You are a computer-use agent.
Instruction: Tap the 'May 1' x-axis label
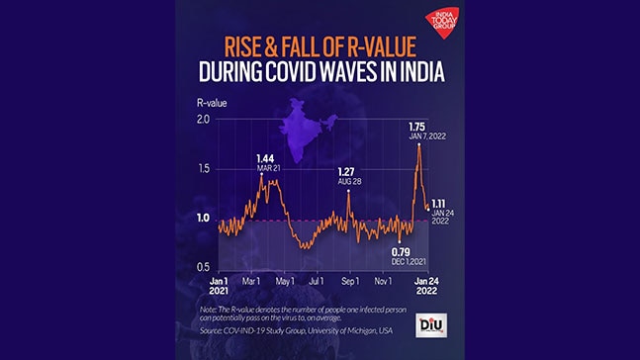click(287, 282)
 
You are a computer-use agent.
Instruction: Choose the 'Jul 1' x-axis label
click(319, 282)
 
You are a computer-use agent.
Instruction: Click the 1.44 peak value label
click(264, 158)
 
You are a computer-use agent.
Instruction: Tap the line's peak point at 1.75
click(419, 144)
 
